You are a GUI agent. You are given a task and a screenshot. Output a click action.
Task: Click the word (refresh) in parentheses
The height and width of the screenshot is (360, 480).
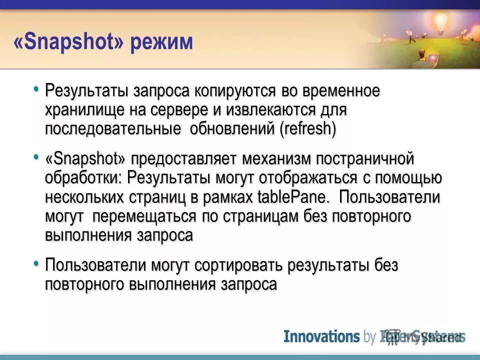click(307, 128)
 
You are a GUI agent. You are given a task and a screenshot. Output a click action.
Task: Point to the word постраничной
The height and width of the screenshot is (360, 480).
click(373, 159)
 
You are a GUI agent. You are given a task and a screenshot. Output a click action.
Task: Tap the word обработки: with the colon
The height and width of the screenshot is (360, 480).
click(84, 178)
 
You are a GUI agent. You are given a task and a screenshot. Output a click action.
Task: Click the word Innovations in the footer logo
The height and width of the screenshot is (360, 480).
click(321, 336)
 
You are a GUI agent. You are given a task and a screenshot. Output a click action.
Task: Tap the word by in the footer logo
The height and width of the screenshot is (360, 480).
click(369, 336)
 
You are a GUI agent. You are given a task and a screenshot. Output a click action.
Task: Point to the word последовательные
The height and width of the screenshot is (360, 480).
click(113, 128)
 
